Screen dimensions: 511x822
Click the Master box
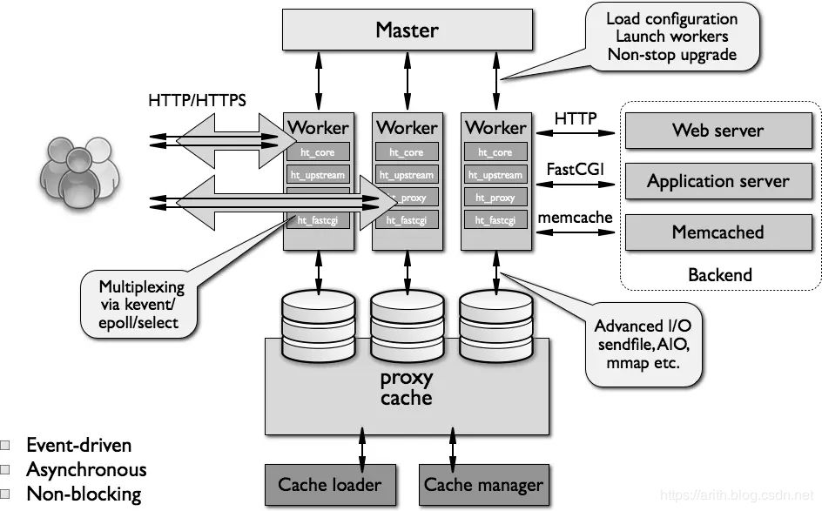coord(407,30)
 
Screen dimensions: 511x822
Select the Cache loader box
coord(329,484)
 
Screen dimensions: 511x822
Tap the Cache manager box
coord(482,484)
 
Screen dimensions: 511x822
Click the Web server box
coord(718,131)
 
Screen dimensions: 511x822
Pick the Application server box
coord(718,181)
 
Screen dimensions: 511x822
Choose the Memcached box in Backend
coord(718,232)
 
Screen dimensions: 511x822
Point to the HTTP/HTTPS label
coord(197,101)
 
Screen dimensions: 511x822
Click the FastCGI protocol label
coord(576,168)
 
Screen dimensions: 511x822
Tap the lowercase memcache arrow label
coord(576,218)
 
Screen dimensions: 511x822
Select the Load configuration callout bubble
coord(670,37)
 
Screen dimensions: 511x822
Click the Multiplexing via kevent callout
coord(141,304)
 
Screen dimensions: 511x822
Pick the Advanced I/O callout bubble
coord(643,344)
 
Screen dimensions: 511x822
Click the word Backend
coord(719,275)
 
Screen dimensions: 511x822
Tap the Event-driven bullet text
coord(79,446)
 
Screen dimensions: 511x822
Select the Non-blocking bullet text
coord(84,494)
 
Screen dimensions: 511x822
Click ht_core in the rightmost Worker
coord(495,152)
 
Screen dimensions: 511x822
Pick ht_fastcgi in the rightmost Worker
coord(495,220)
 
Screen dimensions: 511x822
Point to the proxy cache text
coord(407,388)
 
